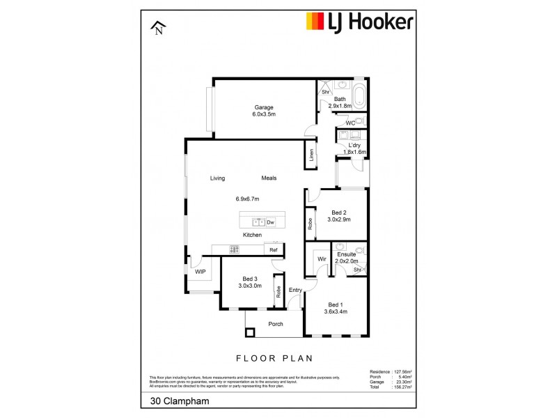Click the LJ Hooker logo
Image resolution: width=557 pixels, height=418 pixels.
click(x=360, y=22)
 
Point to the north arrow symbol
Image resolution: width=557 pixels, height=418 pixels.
click(x=159, y=29)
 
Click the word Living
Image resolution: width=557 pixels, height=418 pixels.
click(x=218, y=178)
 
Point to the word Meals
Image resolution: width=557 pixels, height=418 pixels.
click(x=269, y=178)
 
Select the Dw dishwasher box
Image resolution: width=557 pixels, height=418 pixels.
click(x=270, y=222)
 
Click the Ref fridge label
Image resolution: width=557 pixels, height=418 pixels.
click(x=274, y=250)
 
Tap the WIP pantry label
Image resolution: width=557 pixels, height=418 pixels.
click(x=200, y=271)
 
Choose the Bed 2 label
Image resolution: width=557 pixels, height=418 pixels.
click(x=339, y=212)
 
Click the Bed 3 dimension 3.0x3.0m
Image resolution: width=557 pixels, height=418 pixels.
click(x=250, y=286)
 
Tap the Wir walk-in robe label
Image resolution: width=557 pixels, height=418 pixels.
click(x=322, y=259)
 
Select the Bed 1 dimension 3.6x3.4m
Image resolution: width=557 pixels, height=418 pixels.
click(x=336, y=311)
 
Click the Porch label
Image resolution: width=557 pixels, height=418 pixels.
click(x=276, y=324)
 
